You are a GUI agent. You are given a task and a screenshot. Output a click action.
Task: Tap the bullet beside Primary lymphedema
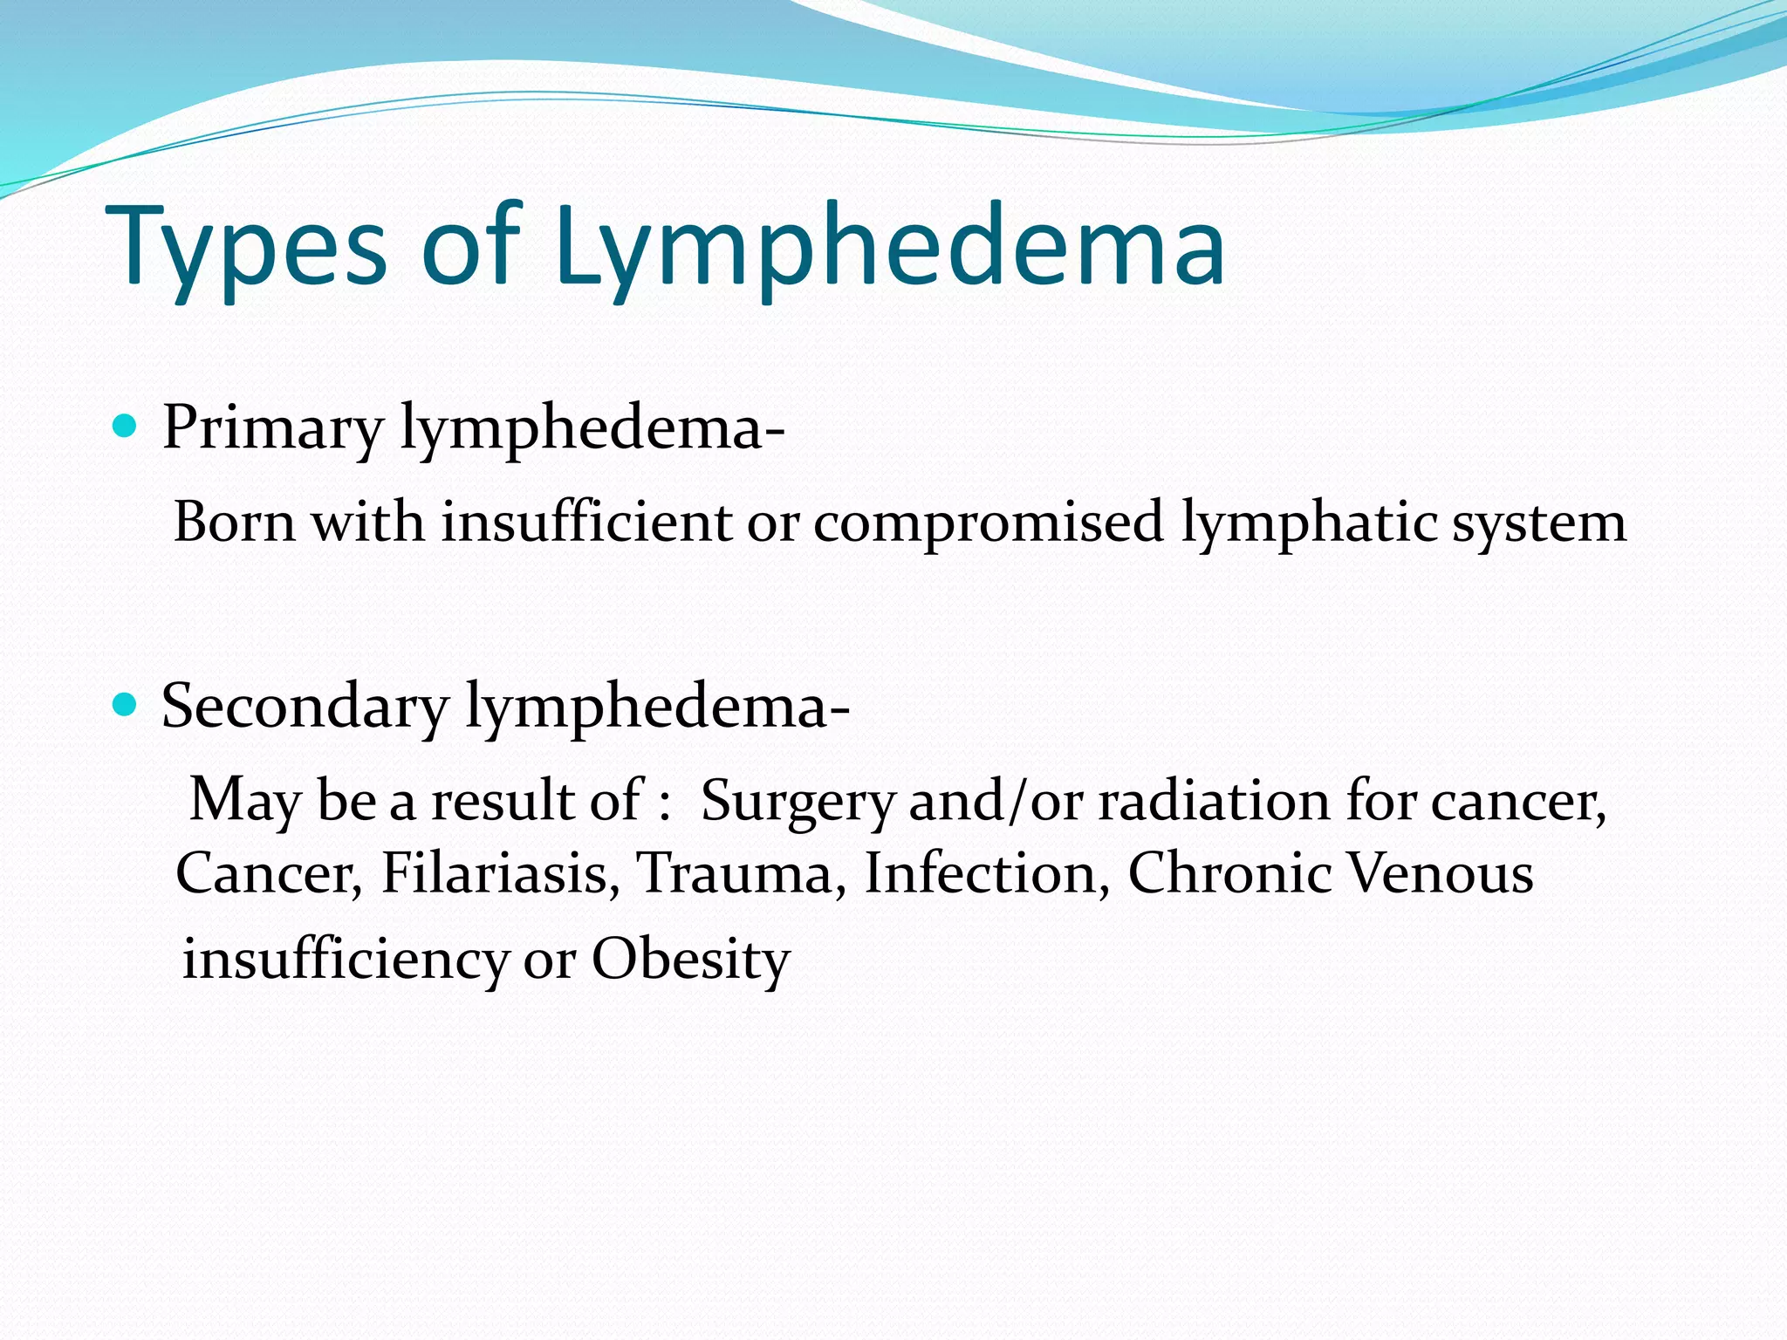point(126,427)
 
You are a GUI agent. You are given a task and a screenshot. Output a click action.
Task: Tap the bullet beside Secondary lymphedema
point(126,704)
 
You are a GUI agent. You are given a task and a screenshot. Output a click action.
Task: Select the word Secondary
point(305,706)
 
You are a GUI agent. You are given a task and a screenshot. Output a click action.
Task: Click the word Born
point(234,523)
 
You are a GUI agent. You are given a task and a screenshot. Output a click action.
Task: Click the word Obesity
point(690,960)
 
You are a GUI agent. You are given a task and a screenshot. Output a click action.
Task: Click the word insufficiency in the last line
point(344,960)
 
